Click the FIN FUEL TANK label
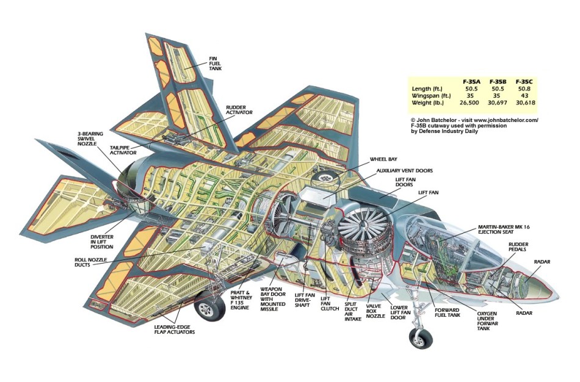[x=216, y=63]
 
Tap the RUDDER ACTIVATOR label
[x=239, y=110]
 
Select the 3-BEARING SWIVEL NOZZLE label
[x=88, y=139]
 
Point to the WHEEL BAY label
[x=383, y=159]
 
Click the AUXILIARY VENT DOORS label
[x=405, y=171]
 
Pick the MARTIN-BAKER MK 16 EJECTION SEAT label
[x=504, y=229]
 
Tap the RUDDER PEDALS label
[x=518, y=247]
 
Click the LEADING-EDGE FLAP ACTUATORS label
[x=175, y=330]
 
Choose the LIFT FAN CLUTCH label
[x=330, y=304]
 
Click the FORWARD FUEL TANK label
[x=447, y=312]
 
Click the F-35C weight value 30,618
[x=526, y=103]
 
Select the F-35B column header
[x=498, y=82]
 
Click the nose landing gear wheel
[x=421, y=337]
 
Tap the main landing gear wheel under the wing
[x=210, y=307]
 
